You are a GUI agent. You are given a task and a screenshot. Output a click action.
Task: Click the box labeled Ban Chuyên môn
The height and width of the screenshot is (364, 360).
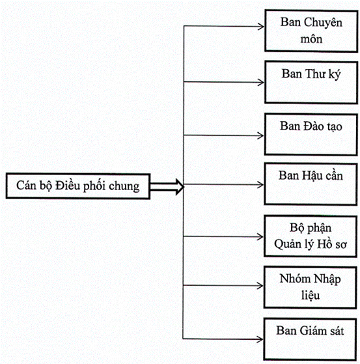[311, 31]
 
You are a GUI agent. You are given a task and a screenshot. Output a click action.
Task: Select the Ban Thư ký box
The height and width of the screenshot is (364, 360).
[311, 83]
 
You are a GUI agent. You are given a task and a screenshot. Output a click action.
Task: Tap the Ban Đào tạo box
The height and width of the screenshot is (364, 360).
[311, 135]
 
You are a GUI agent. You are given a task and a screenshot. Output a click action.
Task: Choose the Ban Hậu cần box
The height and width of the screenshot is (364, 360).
[311, 184]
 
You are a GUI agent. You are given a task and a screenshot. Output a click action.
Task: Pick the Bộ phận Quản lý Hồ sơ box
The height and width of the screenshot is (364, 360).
[311, 236]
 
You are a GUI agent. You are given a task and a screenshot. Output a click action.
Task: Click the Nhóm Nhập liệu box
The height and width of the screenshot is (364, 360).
[310, 288]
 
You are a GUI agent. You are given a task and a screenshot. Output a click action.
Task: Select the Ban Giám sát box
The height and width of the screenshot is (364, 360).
[310, 339]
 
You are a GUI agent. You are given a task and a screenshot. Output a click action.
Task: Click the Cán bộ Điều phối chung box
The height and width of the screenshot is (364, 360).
[78, 186]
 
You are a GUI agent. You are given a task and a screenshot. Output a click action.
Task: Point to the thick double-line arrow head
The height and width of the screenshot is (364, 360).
[180, 186]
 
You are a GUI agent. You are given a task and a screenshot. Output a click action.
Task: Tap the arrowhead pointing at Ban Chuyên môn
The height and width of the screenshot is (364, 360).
[261, 27]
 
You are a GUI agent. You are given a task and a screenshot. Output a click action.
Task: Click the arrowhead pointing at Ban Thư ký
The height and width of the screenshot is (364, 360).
[261, 82]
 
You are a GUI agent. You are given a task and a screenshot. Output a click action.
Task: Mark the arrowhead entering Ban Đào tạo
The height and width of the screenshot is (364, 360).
[261, 135]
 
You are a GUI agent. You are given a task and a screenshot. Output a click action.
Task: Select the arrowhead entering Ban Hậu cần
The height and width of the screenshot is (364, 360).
[260, 185]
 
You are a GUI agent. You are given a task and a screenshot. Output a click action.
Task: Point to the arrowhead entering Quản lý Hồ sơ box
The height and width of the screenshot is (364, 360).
[260, 237]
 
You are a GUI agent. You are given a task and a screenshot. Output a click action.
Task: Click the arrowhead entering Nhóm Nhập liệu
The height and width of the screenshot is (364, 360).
[260, 286]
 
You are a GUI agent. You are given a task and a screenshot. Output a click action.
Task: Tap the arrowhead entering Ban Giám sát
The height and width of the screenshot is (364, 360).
[260, 340]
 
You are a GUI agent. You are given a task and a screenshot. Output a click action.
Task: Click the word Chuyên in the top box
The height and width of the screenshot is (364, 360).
[323, 23]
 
